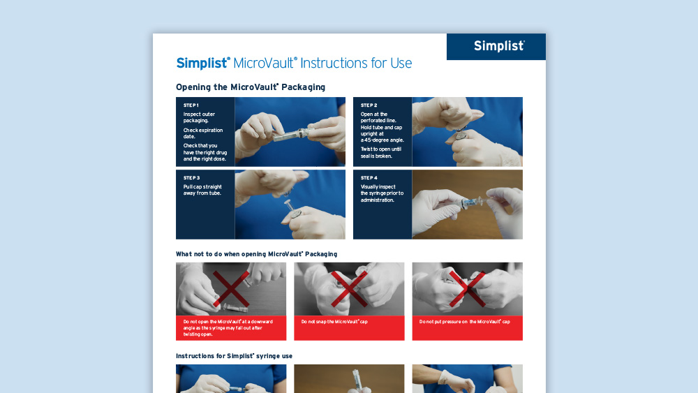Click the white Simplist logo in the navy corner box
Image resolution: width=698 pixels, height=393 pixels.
(499, 46)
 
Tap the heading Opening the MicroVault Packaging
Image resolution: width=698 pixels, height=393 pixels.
(251, 87)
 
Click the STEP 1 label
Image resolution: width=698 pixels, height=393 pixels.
(191, 105)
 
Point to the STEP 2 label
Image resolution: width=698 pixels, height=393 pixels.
(369, 105)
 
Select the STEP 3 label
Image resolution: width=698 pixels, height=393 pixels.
(191, 178)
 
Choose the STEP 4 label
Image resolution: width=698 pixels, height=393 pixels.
(369, 178)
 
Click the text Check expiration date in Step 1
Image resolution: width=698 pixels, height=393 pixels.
(203, 133)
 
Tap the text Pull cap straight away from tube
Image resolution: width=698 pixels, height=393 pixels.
(202, 190)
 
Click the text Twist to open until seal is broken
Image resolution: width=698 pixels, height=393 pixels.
(381, 153)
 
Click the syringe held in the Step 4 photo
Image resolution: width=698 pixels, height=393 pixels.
(466, 203)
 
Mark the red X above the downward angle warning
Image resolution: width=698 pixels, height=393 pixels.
(231, 289)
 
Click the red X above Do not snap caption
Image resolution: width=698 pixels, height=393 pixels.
(350, 289)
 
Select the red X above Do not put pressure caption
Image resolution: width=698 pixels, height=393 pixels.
(468, 289)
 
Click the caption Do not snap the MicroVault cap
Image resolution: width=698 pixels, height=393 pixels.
(334, 322)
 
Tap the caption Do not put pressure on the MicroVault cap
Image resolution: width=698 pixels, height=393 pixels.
(465, 322)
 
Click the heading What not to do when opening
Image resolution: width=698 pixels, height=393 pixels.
(256, 254)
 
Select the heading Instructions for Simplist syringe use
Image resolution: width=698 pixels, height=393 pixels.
(234, 356)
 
